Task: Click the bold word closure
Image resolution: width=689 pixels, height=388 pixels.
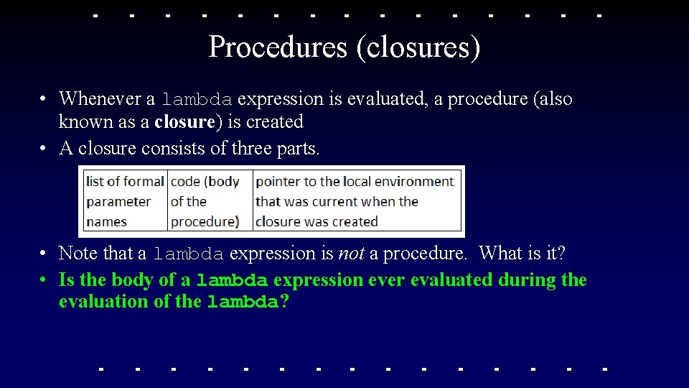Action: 184,121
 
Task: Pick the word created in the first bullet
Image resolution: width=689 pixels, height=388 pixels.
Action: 275,121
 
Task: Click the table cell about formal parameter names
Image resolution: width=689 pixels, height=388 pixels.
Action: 125,201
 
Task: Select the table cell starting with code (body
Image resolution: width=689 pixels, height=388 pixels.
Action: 209,201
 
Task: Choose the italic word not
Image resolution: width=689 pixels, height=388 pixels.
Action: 353,253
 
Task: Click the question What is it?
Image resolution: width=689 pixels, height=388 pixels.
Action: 522,253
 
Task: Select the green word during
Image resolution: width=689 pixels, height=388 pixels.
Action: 528,280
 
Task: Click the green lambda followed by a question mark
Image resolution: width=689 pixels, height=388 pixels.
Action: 243,302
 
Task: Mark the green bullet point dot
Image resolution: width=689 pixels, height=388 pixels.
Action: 44,280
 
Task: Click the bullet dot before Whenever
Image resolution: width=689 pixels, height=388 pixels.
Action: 44,99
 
